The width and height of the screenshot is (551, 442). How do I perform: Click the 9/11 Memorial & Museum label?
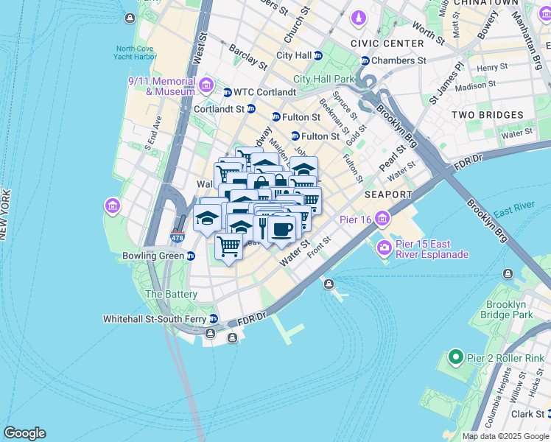click(162, 86)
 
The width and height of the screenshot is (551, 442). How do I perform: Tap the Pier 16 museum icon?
click(382, 219)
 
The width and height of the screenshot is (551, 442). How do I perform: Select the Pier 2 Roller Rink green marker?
click(455, 359)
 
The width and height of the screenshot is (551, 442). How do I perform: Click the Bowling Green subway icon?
click(190, 256)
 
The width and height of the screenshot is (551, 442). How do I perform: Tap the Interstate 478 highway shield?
click(177, 238)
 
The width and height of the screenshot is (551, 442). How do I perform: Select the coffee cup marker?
click(281, 229)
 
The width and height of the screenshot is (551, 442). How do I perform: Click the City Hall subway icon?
click(318, 55)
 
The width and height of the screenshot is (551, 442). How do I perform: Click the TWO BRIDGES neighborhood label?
click(487, 115)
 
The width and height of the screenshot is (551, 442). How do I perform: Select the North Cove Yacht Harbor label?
click(137, 53)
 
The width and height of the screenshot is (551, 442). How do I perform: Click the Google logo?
click(24, 433)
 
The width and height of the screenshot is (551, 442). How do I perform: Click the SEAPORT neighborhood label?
click(388, 194)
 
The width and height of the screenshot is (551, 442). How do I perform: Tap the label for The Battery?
click(171, 294)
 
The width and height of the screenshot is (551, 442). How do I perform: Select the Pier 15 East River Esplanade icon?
click(383, 248)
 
